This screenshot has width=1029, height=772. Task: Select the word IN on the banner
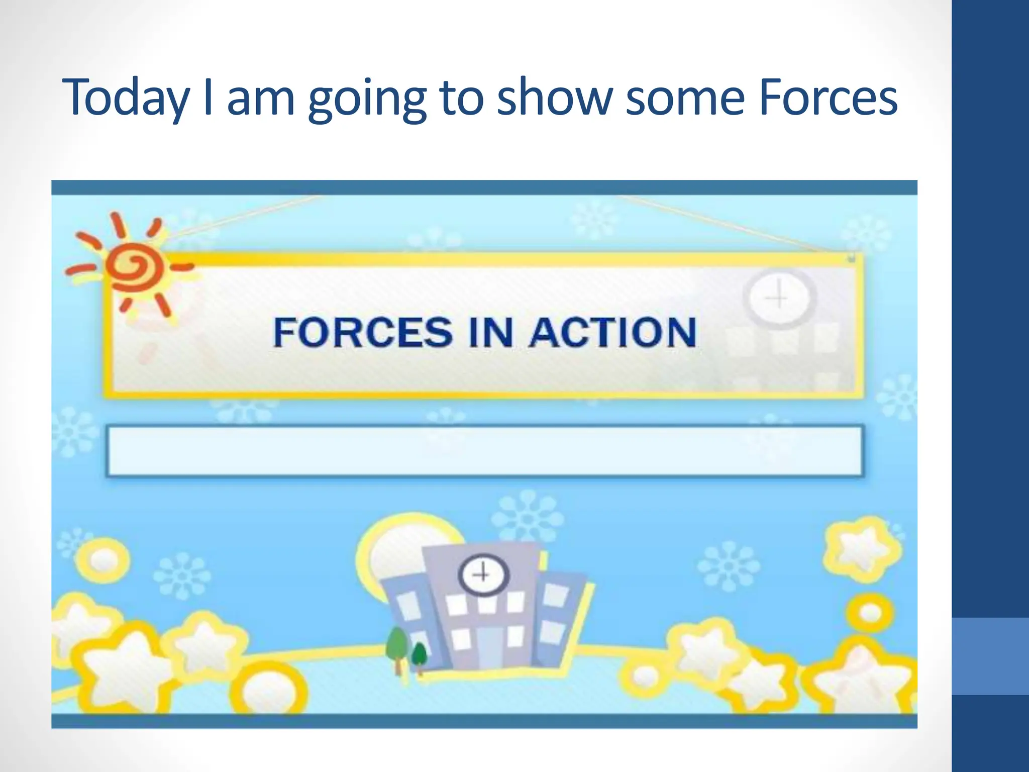[491, 332]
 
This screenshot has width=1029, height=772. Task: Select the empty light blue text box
[484, 450]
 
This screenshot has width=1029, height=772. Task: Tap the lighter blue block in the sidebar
[990, 656]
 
